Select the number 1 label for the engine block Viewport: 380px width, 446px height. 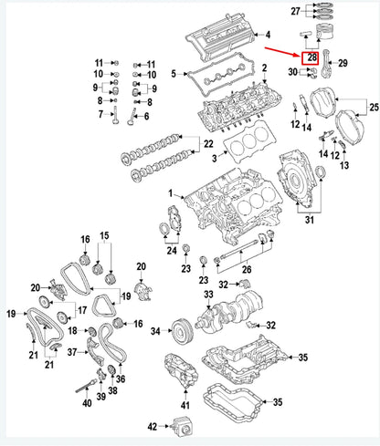click(169, 194)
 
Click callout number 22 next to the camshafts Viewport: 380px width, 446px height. click(208, 145)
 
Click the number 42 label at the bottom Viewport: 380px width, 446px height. click(153, 425)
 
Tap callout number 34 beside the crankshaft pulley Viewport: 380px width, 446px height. click(155, 330)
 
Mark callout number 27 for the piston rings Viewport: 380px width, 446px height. click(294, 12)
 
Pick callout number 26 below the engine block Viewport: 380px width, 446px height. click(245, 269)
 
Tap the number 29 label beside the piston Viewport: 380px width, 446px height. click(343, 63)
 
